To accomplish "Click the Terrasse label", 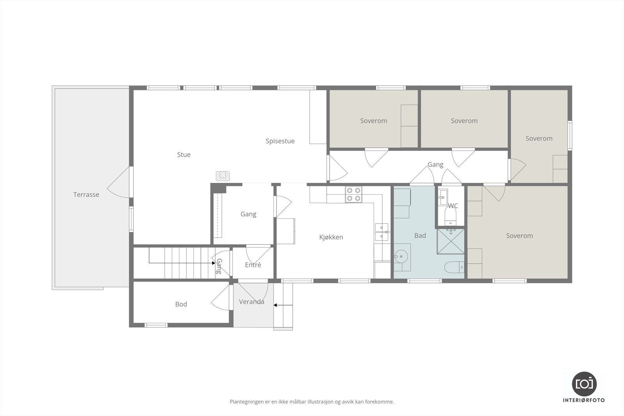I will [x=86, y=195].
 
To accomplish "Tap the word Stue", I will [x=184, y=155].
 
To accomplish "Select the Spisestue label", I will [x=280, y=141].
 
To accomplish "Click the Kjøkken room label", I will [x=331, y=237].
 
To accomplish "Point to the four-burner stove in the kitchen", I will [x=353, y=194].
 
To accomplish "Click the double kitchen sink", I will [x=381, y=232].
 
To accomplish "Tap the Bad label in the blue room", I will [x=420, y=235].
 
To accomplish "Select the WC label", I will [x=453, y=206].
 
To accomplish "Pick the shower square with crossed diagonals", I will [x=451, y=241].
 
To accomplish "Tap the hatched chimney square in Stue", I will [x=223, y=176].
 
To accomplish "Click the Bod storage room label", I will [x=181, y=304].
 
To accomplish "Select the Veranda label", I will [x=252, y=302].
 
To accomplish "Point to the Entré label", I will [x=253, y=265].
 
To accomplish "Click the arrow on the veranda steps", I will [x=283, y=305].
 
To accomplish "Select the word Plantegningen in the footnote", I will [x=246, y=402].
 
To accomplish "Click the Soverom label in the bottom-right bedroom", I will [x=519, y=236].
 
